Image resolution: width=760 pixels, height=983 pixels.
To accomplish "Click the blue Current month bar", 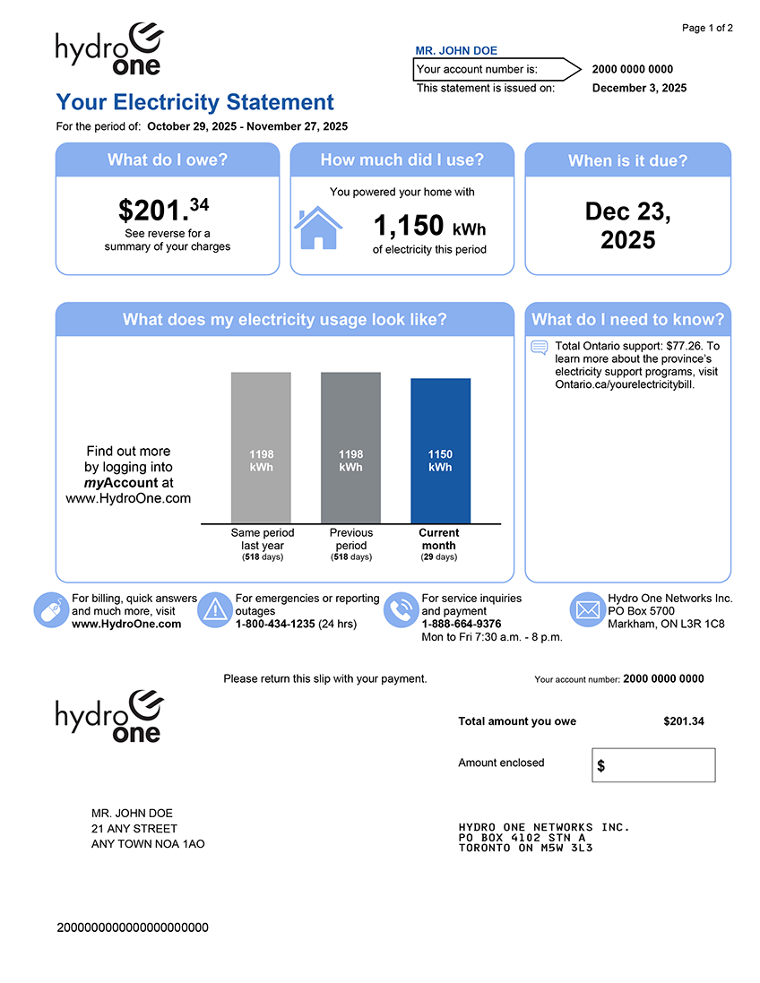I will [440, 451].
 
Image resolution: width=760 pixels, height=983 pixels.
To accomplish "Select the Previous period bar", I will [350, 448].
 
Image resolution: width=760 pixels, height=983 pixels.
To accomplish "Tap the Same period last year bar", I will [261, 448].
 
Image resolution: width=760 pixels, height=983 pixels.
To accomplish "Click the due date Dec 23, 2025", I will [627, 226].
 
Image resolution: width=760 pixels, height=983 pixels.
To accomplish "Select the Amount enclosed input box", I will [653, 765].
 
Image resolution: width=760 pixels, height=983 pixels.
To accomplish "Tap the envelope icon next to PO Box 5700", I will [587, 610].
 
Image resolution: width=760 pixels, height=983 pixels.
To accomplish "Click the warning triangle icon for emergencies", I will [215, 610].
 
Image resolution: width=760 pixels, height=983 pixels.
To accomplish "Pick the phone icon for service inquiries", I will [400, 610].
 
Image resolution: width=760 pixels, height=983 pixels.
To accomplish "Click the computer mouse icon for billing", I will [50, 610].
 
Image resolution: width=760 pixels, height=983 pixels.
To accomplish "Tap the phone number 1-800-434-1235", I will [275, 624].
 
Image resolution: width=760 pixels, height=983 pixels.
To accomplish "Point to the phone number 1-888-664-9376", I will [462, 624].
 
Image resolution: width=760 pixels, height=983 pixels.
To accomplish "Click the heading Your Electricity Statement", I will [194, 102].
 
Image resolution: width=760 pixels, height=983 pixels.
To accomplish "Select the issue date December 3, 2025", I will [639, 88].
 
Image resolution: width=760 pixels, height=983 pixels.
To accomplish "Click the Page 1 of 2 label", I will [707, 29].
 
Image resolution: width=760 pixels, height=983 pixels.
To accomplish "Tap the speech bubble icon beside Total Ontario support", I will [540, 348].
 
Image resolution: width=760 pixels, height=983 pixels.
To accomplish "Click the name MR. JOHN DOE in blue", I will [456, 51].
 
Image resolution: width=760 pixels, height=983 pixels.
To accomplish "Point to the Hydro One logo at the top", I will [109, 50].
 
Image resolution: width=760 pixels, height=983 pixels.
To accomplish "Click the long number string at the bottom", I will [133, 927].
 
